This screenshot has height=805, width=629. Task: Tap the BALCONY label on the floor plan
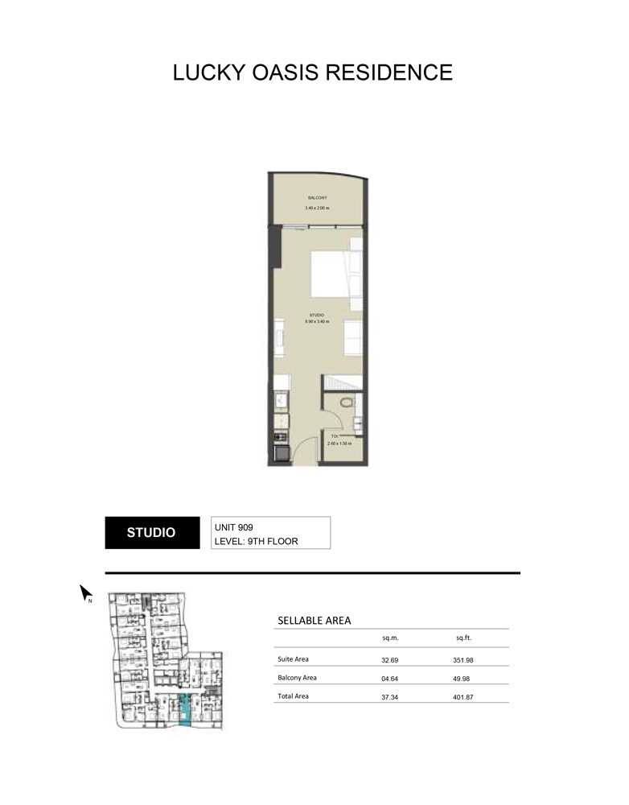pyautogui.click(x=317, y=197)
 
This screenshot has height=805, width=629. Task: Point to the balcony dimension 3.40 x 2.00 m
pyautogui.click(x=317, y=208)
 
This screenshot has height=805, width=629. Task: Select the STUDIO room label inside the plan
pyautogui.click(x=317, y=314)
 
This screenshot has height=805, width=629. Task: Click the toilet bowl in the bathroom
pyautogui.click(x=347, y=402)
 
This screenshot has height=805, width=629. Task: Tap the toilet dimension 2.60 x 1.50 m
pyautogui.click(x=339, y=444)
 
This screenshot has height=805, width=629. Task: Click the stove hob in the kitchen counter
pyautogui.click(x=280, y=438)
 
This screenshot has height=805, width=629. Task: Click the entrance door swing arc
pyautogui.click(x=305, y=451)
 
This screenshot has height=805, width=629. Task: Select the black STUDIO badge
pyautogui.click(x=151, y=533)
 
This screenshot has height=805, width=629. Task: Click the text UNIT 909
pyautogui.click(x=233, y=527)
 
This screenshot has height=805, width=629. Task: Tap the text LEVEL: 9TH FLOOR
pyautogui.click(x=256, y=541)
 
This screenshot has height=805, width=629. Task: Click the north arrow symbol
pyautogui.click(x=85, y=594)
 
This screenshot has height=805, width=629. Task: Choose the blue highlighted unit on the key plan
pyautogui.click(x=185, y=709)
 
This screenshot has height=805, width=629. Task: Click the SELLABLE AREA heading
pyautogui.click(x=314, y=621)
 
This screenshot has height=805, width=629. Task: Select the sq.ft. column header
pyautogui.click(x=462, y=638)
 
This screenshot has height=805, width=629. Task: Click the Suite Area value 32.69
pyautogui.click(x=390, y=659)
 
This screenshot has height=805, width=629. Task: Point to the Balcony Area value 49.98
pyautogui.click(x=462, y=678)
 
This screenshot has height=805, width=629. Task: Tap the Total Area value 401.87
pyautogui.click(x=462, y=697)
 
